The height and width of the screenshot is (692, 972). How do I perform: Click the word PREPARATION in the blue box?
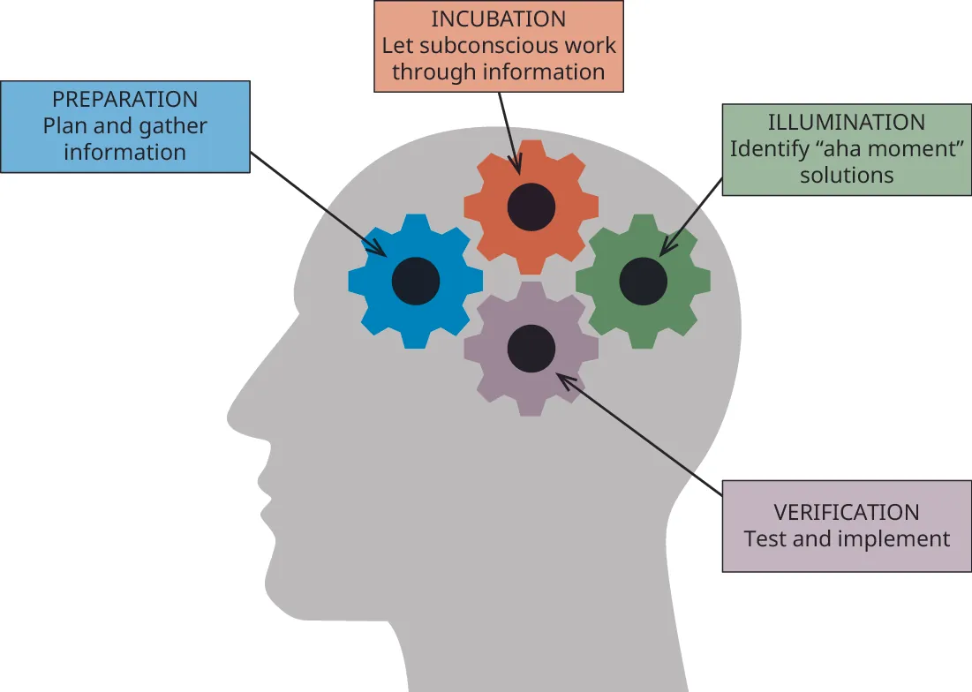pos(124,99)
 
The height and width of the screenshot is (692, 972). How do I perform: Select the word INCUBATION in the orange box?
pos(499,19)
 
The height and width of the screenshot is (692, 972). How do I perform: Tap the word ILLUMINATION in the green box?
pos(847,122)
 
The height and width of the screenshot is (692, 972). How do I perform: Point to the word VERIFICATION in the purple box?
pos(847,512)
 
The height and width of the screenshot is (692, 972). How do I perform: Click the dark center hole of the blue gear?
pos(416,281)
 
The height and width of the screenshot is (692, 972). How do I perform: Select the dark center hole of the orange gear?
pos(531,207)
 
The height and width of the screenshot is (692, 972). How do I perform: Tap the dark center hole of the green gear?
pos(643,282)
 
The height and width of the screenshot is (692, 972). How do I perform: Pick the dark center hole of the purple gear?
pos(531,348)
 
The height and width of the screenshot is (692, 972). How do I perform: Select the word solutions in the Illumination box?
pos(847,175)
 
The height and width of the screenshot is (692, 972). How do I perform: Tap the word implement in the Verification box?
pos(898,538)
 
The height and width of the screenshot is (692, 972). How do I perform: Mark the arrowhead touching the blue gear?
pos(381,251)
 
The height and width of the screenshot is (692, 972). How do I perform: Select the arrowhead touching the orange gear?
pos(516,168)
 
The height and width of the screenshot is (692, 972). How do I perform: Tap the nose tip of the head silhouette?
pos(230,414)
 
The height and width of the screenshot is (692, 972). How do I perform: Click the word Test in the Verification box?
pos(765,538)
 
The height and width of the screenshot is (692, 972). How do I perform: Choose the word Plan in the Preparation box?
pos(64,125)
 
